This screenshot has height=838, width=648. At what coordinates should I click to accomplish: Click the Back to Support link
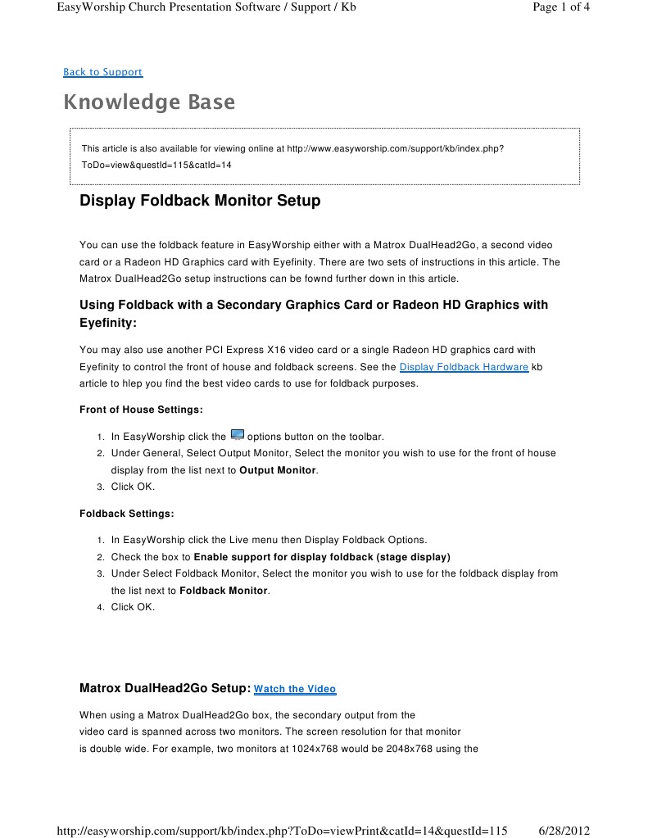[x=102, y=72]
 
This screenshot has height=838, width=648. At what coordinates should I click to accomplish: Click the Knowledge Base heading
[x=149, y=102]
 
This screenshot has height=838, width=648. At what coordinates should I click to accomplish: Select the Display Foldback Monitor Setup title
[x=200, y=201]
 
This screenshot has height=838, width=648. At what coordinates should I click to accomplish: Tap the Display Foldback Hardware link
[x=464, y=367]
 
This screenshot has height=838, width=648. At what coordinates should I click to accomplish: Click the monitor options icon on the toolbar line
[x=237, y=435]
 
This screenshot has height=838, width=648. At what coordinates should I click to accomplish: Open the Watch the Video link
[x=295, y=690]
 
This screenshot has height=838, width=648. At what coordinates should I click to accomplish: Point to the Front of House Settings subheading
[x=141, y=410]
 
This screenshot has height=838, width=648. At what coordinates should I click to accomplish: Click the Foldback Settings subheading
[x=126, y=514]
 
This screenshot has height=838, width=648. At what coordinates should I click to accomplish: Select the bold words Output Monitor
[x=277, y=470]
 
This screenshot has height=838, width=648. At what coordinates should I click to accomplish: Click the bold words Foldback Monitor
[x=223, y=591]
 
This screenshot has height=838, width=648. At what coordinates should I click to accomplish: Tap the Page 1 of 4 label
[x=560, y=7]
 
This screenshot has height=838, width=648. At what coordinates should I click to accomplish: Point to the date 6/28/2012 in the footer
[x=566, y=831]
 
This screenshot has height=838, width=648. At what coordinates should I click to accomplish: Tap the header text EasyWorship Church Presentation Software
[x=156, y=7]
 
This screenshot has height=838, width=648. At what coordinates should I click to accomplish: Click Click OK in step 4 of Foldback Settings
[x=133, y=607]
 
